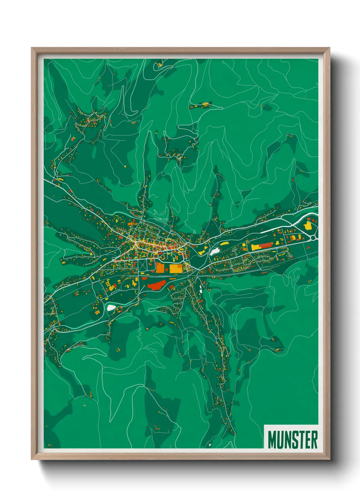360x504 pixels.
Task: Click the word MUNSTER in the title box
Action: pyautogui.click(x=292, y=440)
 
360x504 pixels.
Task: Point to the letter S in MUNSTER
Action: pyautogui.click(x=294, y=440)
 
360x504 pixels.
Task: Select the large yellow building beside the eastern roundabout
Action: pyautogui.click(x=308, y=225)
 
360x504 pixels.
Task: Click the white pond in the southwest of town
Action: pyautogui.click(x=111, y=308)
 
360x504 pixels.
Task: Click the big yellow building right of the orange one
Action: pyautogui.click(x=175, y=268)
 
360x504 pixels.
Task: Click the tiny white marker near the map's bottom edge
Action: pyautogui.click(x=210, y=445)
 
